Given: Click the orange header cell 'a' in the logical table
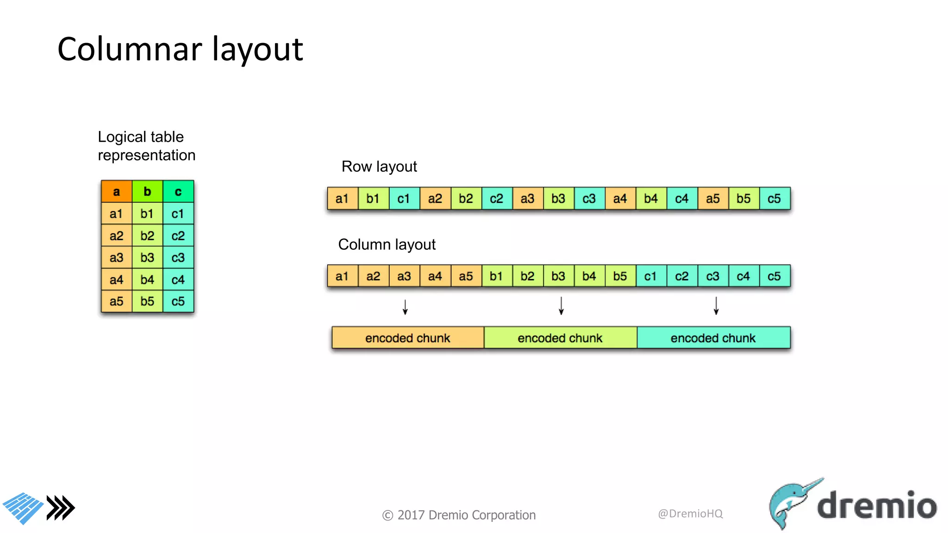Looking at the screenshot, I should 116,192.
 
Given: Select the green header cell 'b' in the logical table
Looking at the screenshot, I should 147,192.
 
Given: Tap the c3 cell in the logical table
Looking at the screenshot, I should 178,258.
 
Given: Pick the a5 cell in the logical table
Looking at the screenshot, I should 116,302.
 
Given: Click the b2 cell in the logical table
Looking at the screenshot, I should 147,236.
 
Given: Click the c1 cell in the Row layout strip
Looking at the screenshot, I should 404,199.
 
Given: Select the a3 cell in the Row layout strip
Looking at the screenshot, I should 527,199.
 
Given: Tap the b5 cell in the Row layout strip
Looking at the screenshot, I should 743,199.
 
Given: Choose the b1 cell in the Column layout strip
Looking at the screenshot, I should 496,276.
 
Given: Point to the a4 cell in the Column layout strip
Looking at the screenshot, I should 435,276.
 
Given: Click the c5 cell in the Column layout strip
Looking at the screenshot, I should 774,276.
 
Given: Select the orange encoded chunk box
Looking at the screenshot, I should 408,338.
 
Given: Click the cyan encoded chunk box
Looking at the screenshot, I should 713,338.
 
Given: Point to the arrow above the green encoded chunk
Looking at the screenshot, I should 561,306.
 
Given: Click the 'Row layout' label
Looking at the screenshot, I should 379,167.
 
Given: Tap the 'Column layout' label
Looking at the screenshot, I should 387,244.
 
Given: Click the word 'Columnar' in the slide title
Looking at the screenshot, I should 130,49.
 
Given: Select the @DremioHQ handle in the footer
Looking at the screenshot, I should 690,514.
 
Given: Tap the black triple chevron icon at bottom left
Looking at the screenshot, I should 61,508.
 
